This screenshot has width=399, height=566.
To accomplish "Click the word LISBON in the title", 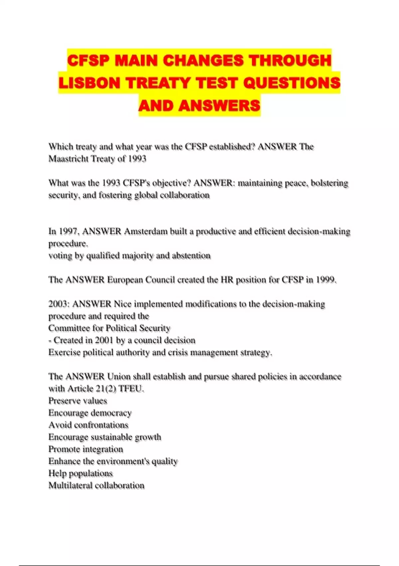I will pos(89,83).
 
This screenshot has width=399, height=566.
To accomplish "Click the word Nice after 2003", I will pos(123,304).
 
